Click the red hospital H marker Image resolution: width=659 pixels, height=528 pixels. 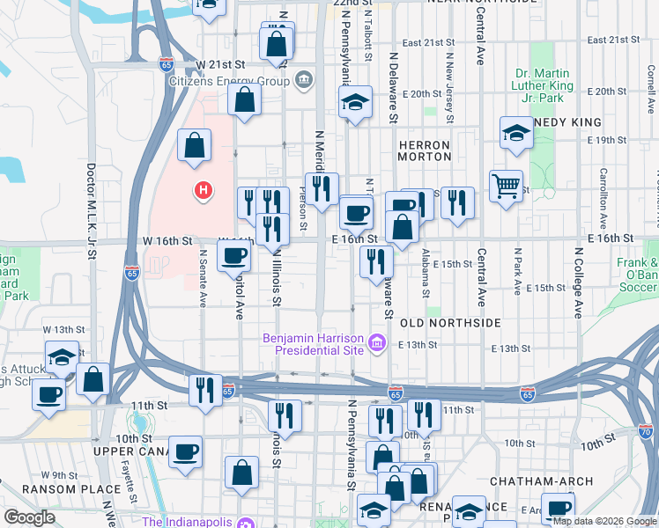[204, 189]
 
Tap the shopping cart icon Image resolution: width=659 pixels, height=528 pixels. [506, 186]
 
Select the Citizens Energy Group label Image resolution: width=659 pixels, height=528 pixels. [230, 82]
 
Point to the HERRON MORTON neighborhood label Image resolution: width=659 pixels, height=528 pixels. [424, 150]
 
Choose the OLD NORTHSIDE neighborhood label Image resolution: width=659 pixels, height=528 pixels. [450, 324]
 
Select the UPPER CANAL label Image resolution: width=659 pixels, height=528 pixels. [132, 451]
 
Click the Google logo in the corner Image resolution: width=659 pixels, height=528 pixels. [28, 517]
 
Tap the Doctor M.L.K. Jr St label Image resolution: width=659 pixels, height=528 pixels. [91, 212]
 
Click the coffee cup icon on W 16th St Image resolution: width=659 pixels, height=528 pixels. [233, 255]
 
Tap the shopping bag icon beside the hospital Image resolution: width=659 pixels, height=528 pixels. [194, 146]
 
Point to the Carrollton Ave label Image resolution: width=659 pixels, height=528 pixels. [603, 199]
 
